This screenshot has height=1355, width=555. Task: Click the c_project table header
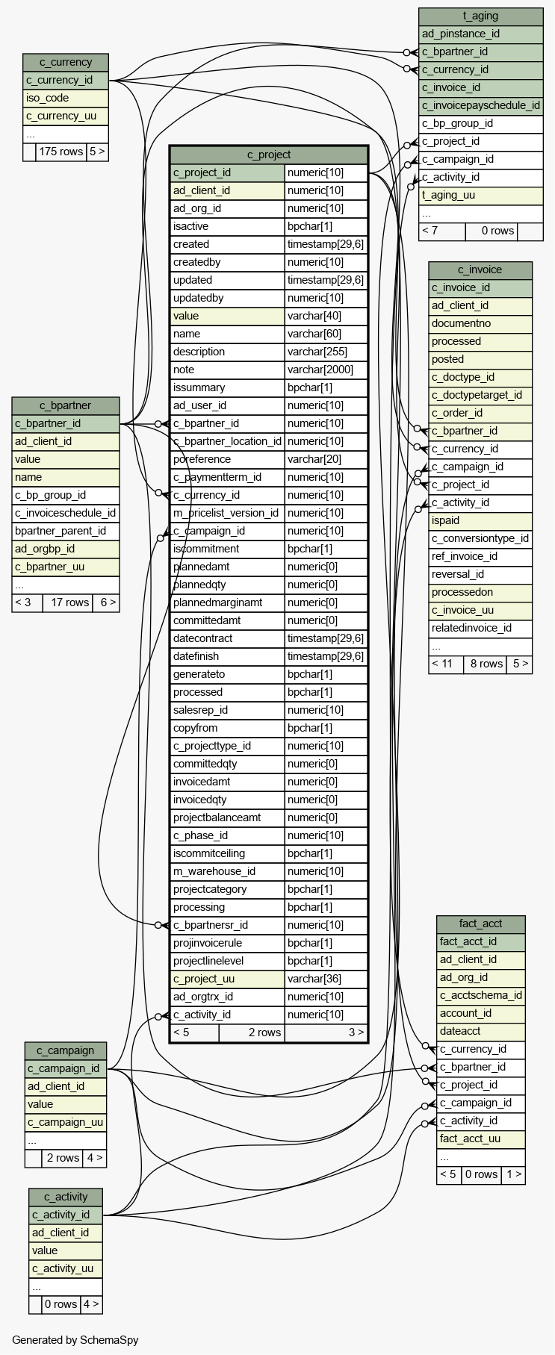pos(269,155)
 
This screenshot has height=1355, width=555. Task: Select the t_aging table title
pos(480,16)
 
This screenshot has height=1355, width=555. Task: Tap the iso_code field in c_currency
pos(48,98)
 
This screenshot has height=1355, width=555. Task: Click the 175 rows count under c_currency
pos(61,152)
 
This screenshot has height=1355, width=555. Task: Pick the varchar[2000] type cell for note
pos(326,370)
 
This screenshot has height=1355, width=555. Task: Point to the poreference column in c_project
pos(202,459)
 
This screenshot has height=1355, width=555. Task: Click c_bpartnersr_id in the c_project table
pos(211,925)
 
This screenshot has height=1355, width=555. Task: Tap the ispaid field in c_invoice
pos(446,520)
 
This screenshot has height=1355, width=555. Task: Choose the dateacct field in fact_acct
pos(461,1031)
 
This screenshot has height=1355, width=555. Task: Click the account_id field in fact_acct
pos(466,1013)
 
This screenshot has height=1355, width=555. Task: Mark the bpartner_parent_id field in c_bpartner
pos(61,531)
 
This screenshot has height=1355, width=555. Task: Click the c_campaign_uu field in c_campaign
pos(66,1122)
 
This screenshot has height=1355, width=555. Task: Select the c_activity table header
pos(66,1197)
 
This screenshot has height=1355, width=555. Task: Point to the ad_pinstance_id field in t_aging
pos(461,34)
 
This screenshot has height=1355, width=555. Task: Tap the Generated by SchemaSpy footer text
pos(75,1340)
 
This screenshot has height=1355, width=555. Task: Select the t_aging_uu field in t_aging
pos(449,195)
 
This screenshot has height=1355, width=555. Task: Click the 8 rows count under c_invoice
pos(486,664)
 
